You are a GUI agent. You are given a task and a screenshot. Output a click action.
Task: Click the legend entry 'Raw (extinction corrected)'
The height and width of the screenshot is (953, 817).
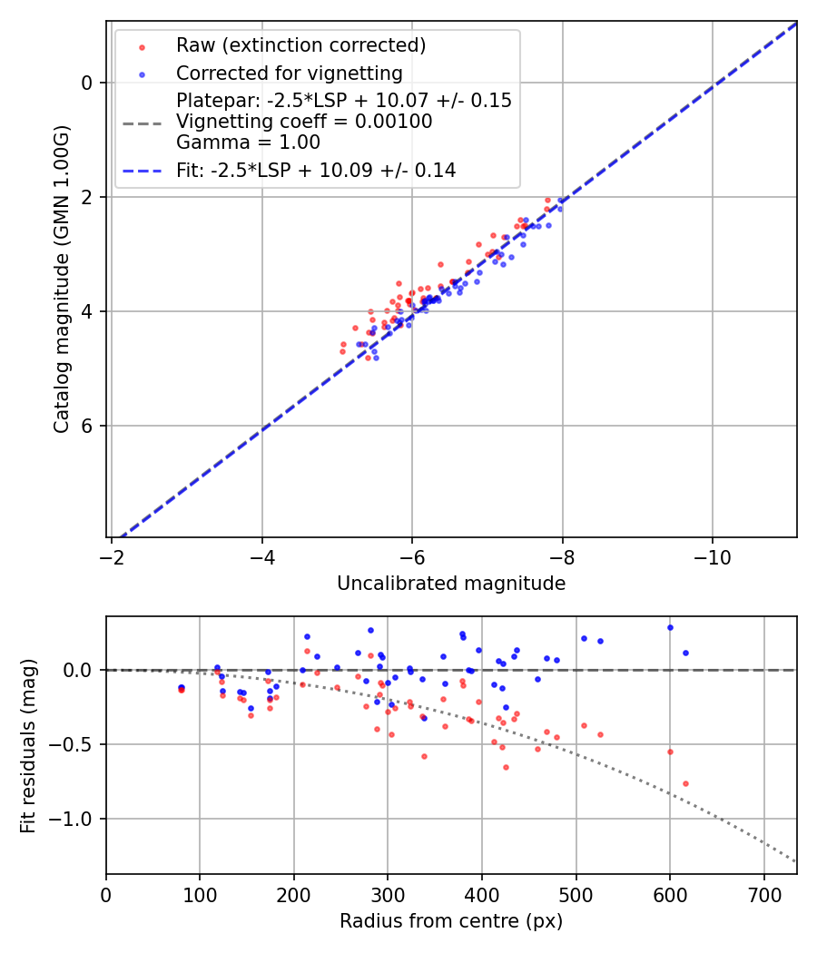pyautogui.click(x=300, y=45)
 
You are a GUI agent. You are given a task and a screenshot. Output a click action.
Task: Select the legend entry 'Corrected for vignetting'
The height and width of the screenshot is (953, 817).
pyautogui.click(x=289, y=74)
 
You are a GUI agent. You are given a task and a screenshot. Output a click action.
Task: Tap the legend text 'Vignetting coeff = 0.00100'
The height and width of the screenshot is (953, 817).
pyautogui.click(x=304, y=122)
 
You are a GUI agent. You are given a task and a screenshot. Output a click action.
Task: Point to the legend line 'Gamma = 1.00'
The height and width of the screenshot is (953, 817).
pyautogui.click(x=248, y=142)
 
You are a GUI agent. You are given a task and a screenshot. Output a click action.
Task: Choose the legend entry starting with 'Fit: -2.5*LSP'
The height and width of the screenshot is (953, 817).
pyautogui.click(x=316, y=171)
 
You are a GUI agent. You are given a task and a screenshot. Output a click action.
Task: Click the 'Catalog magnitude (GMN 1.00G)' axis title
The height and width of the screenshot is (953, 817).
pyautogui.click(x=61, y=280)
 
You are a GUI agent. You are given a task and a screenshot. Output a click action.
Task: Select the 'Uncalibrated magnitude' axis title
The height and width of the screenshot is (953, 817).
pyautogui.click(x=451, y=584)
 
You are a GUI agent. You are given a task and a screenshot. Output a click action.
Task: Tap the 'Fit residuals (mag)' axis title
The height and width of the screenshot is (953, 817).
pyautogui.click(x=28, y=745)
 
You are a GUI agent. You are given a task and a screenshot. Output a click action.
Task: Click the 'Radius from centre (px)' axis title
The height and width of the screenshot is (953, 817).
pyautogui.click(x=451, y=921)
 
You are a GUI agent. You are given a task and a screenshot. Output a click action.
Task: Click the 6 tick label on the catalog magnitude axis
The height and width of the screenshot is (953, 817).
pyautogui.click(x=87, y=426)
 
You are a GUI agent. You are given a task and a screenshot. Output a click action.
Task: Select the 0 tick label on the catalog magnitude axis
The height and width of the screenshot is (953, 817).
pyautogui.click(x=87, y=83)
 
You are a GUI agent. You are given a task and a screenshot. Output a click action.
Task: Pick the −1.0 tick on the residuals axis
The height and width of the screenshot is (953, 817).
pyautogui.click(x=75, y=819)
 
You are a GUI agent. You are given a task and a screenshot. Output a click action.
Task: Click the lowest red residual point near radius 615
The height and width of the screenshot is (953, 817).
pyautogui.click(x=685, y=783)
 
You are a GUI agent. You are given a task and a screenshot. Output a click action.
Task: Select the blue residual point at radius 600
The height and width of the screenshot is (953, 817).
pyautogui.click(x=670, y=627)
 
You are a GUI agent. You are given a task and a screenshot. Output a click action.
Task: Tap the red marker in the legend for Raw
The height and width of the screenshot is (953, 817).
pyautogui.click(x=142, y=45)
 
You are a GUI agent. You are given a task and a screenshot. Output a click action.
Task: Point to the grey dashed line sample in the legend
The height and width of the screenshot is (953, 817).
pyautogui.click(x=142, y=122)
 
